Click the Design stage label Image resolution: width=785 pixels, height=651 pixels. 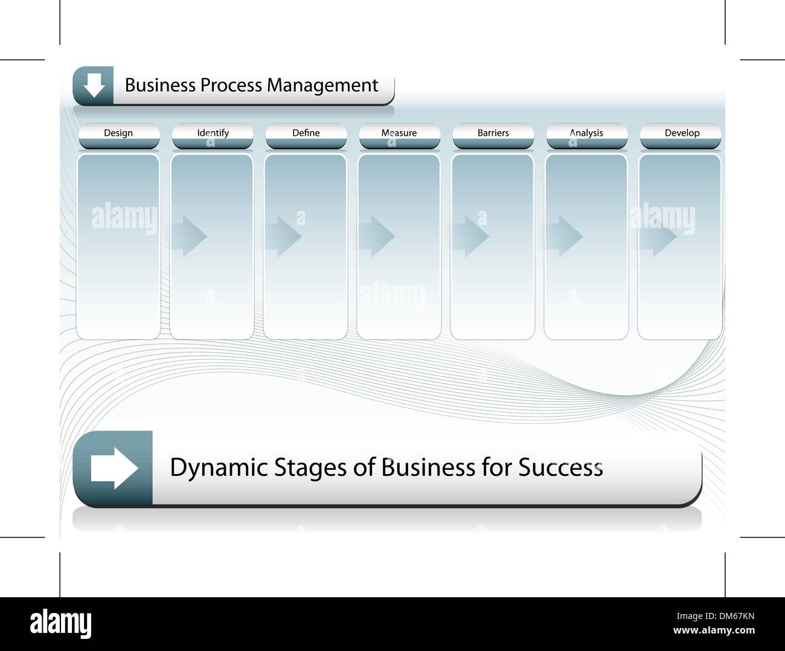point(118,133)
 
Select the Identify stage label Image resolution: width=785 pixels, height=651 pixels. point(213,133)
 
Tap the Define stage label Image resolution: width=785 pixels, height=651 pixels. point(306,133)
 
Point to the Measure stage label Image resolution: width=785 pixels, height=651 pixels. point(399,133)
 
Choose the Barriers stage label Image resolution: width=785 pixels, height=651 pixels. point(493,133)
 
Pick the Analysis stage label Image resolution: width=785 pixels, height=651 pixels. point(586,133)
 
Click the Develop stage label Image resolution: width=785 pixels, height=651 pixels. point(682,133)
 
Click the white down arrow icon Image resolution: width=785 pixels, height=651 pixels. point(94,85)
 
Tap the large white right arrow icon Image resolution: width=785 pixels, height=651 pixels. point(115,468)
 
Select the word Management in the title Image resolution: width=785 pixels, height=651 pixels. point(322,86)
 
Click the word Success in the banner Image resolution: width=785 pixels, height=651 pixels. point(560,467)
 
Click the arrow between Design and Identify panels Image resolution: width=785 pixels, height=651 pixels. point(188,236)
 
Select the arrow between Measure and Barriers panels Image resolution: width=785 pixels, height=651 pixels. point(470,236)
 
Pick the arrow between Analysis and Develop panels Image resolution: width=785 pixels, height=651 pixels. point(658,236)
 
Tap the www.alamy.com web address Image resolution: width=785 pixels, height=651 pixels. point(714,630)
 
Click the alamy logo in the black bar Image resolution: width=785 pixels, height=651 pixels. point(60,623)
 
